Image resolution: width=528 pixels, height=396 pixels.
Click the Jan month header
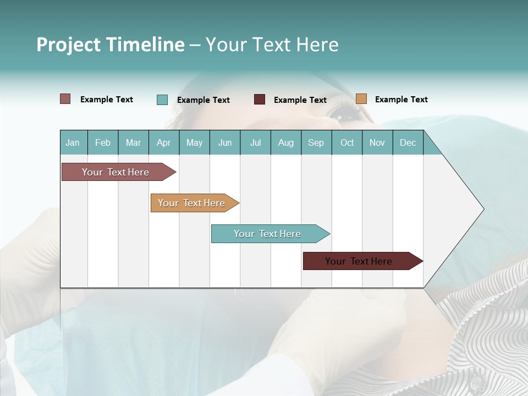coord(73,142)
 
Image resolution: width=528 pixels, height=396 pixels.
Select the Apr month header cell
coord(164,142)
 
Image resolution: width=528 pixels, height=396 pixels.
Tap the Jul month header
coord(255,142)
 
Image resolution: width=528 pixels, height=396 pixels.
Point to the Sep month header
coord(316,142)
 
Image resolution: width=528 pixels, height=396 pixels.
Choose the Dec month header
coord(408,142)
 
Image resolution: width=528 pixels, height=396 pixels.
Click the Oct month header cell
coord(347,142)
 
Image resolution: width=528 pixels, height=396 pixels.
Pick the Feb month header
coord(103,142)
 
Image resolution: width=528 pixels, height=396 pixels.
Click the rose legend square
coord(65,99)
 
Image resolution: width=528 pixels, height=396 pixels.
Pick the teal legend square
coord(162,100)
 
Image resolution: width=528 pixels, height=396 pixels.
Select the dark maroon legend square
coord(260,100)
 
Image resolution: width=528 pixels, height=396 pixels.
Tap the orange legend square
coord(361,99)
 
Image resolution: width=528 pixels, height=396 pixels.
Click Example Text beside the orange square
coord(401,100)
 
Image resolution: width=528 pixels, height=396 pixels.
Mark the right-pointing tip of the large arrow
coord(483,209)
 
